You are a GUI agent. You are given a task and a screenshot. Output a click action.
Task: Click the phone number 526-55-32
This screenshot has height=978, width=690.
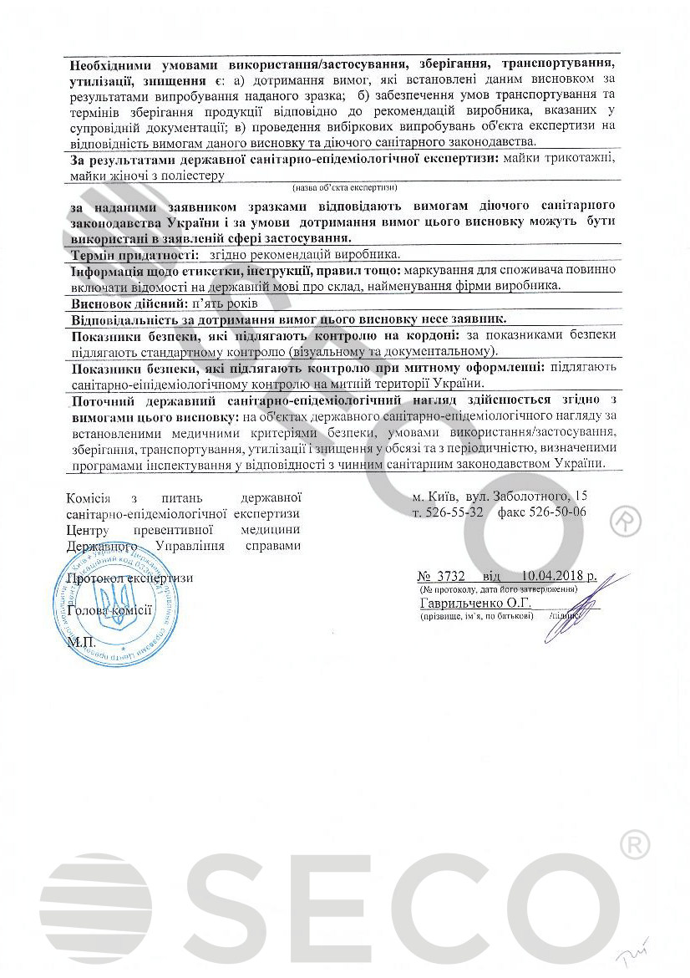coord(455,512)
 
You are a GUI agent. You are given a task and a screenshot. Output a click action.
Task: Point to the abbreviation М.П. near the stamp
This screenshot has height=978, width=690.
coord(81,642)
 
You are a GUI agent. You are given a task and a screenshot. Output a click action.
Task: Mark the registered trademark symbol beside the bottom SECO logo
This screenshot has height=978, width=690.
coord(634,845)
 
